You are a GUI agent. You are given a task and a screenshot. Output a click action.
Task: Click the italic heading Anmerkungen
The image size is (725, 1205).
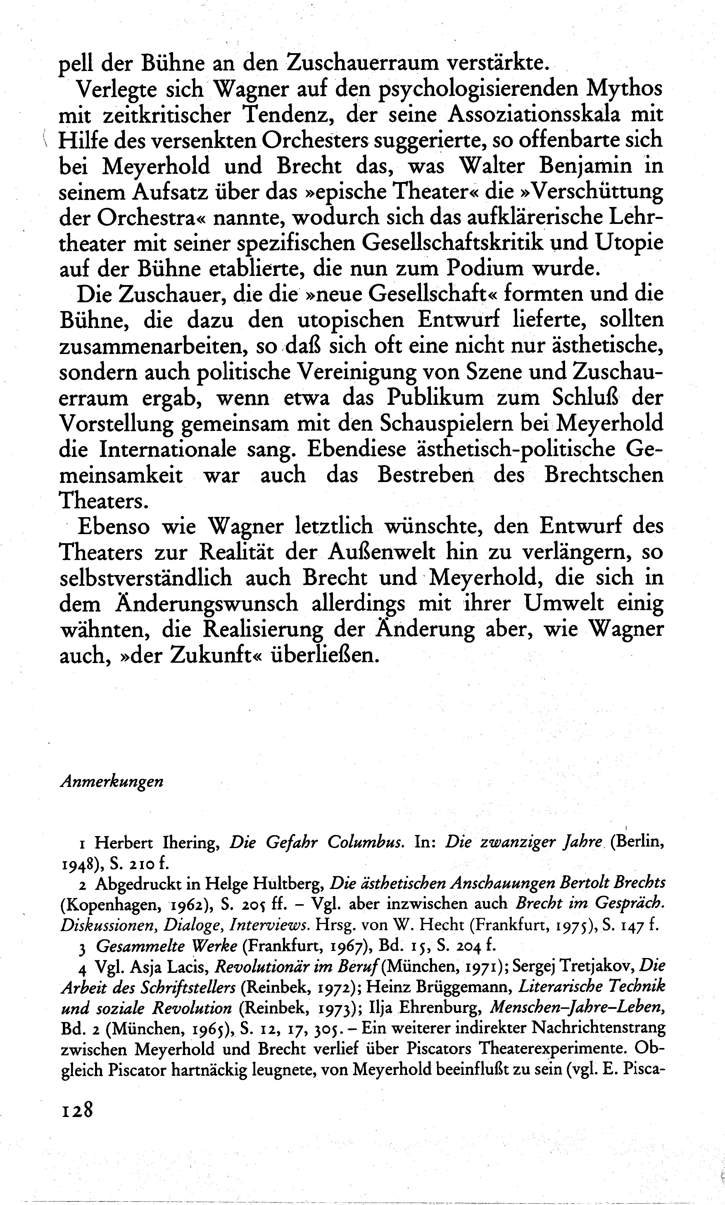pyautogui.click(x=111, y=781)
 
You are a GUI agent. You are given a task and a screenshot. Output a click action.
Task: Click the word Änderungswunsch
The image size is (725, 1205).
pyautogui.click(x=178, y=604)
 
